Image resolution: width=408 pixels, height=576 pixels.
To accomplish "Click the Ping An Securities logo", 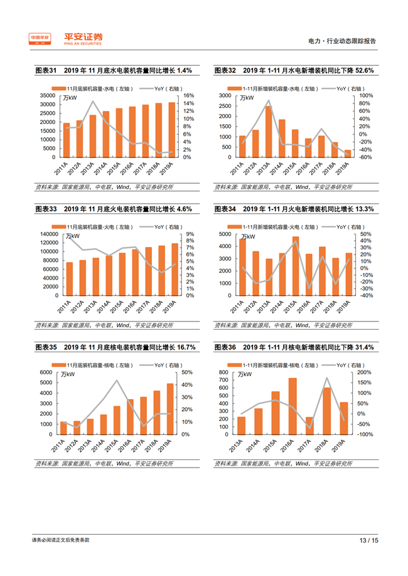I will tap(66, 39).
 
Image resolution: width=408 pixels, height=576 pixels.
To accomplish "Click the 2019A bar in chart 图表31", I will tap(172, 130).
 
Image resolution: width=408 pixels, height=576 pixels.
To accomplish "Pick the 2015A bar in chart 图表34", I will tap(295, 266).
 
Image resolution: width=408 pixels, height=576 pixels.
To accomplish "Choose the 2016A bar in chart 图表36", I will tap(293, 406).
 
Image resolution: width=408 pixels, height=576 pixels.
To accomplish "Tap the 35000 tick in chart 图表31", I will tap(47, 95).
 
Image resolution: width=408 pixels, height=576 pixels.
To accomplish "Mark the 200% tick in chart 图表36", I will tap(366, 372).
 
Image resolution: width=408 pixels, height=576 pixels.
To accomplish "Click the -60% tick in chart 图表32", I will tap(365, 157).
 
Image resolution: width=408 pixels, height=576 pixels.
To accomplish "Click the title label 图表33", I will tap(46, 209).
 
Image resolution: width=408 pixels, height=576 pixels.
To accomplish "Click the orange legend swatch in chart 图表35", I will tap(58, 365).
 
